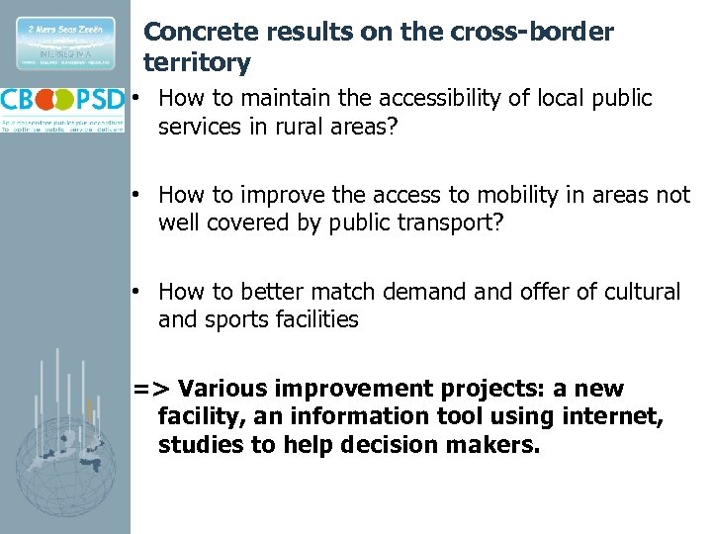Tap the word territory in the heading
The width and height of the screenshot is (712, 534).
pyautogui.click(x=197, y=63)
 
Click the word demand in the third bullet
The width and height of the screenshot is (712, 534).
pyautogui.click(x=463, y=292)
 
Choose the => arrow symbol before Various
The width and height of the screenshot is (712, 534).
pyautogui.click(x=152, y=389)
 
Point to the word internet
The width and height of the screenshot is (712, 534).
pyautogui.click(x=610, y=417)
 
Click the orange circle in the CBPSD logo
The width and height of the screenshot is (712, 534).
pyautogui.click(x=61, y=100)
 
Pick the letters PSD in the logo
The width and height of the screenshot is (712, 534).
pyautogui.click(x=100, y=100)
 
